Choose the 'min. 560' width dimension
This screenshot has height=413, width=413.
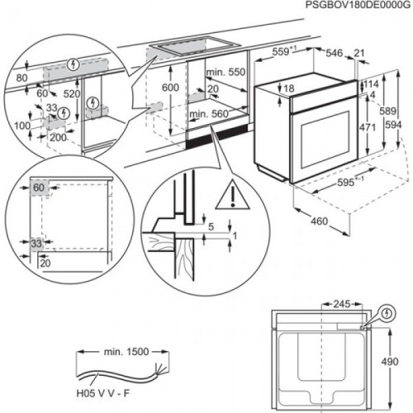coord(209,115)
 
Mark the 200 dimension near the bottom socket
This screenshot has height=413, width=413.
coord(55,138)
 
